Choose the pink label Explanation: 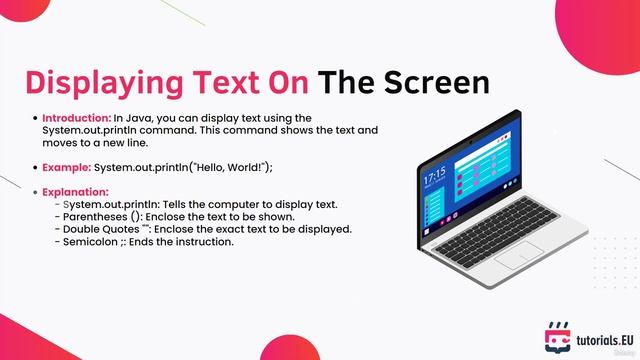(75, 192)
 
